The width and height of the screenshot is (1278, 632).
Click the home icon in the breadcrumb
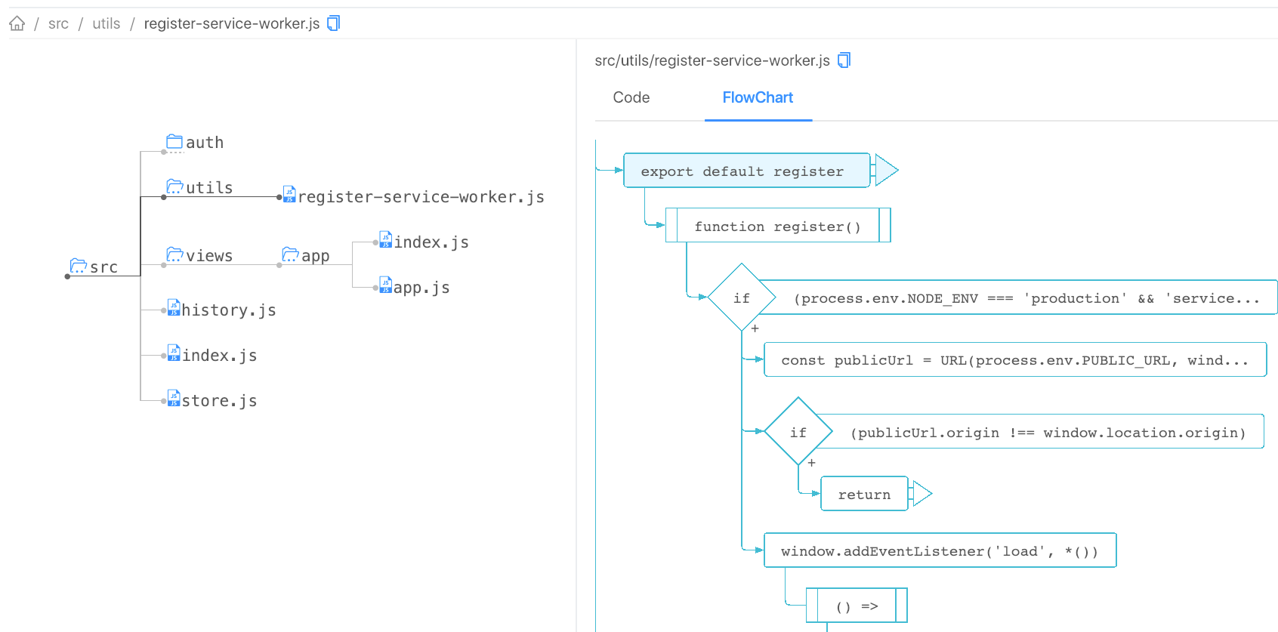click(x=17, y=23)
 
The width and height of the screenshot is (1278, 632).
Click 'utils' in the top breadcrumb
click(x=106, y=23)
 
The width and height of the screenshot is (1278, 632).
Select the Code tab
click(x=631, y=97)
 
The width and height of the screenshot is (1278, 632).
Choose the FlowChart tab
click(x=757, y=97)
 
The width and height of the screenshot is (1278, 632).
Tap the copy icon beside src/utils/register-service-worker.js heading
click(x=844, y=60)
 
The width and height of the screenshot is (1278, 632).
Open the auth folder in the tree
click(x=195, y=142)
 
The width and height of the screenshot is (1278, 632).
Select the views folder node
click(x=200, y=255)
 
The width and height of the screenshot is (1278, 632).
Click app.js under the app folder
click(x=415, y=287)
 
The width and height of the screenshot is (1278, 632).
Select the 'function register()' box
click(x=777, y=226)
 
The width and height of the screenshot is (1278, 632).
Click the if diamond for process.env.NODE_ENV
click(x=742, y=298)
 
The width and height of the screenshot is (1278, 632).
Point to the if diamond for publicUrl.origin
click(x=798, y=432)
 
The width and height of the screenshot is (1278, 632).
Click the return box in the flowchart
click(x=864, y=494)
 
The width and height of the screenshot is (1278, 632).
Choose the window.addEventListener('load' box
click(x=939, y=550)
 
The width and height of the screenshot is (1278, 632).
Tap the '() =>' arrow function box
click(x=857, y=606)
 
